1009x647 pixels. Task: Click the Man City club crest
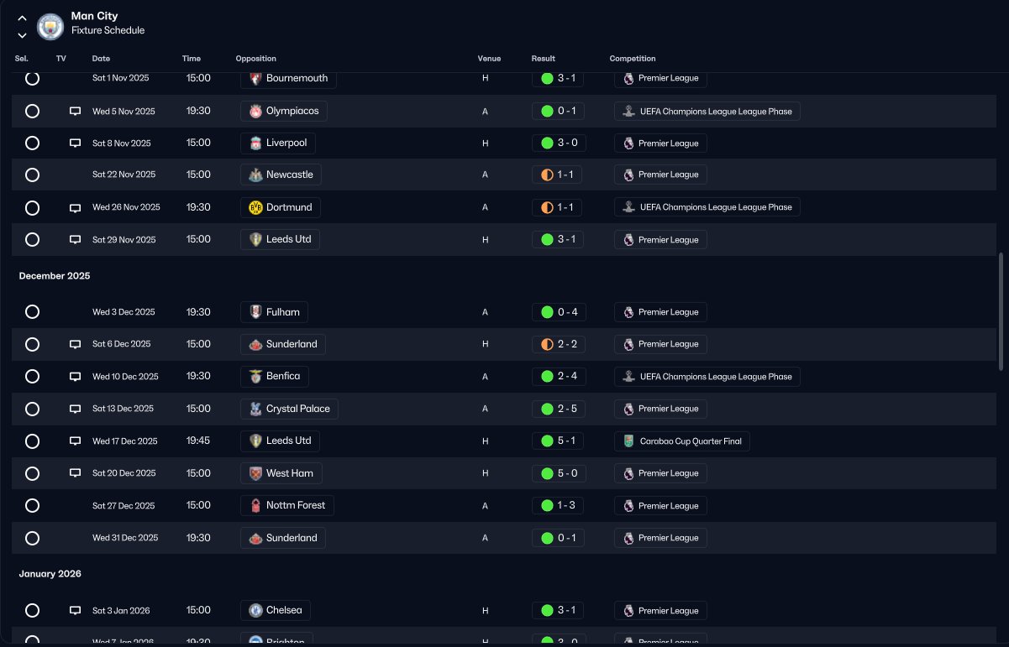click(50, 27)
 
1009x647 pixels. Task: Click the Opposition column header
click(255, 59)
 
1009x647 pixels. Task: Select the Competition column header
click(632, 59)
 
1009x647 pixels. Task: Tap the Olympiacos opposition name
click(292, 111)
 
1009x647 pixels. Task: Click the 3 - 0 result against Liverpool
click(567, 143)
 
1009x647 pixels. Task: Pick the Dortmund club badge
click(255, 207)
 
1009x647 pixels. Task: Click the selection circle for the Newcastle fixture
click(32, 175)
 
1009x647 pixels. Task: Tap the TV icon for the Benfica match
click(75, 376)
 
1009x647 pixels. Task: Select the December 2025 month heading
click(55, 276)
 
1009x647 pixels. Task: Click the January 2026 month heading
click(50, 574)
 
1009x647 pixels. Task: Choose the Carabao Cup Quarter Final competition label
click(690, 441)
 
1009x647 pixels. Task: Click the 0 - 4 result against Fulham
click(567, 312)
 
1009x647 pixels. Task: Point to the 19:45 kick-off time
click(198, 441)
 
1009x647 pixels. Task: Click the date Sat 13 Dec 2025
click(123, 409)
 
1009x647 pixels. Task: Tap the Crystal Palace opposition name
click(297, 409)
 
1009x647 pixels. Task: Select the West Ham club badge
click(255, 473)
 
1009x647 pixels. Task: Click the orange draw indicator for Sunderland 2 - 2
click(547, 344)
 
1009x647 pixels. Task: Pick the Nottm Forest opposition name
click(296, 505)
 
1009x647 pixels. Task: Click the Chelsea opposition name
click(284, 610)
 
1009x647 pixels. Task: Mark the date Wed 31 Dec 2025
click(125, 538)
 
